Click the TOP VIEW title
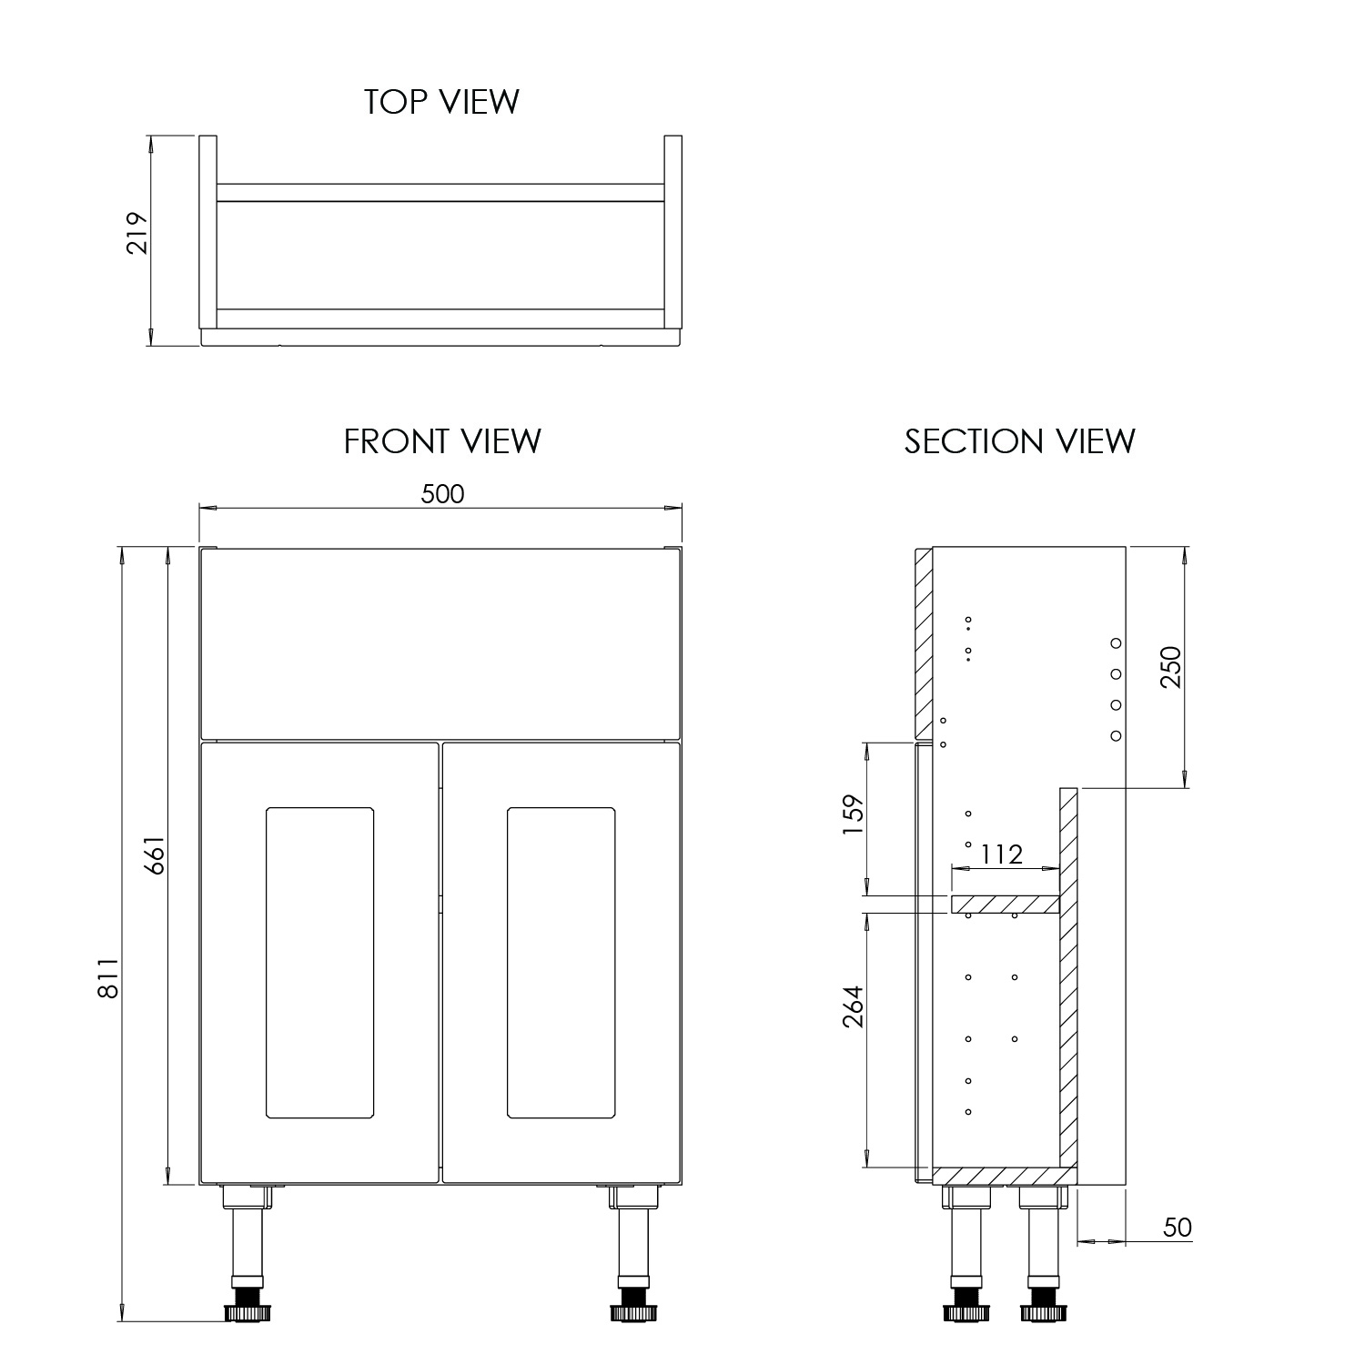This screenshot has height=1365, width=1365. [441, 101]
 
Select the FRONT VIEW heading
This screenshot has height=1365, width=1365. [442, 441]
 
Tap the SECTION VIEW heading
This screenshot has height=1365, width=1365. [1019, 441]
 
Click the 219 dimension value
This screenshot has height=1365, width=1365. [136, 233]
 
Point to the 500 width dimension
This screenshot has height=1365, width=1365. [442, 493]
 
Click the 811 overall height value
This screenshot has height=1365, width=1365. [108, 978]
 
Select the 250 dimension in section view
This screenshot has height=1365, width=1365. [1170, 666]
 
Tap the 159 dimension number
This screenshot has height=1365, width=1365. [854, 818]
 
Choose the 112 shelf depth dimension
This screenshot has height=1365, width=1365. [1001, 854]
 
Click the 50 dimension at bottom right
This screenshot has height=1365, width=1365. [1177, 1228]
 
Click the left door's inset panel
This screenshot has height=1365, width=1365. [319, 962]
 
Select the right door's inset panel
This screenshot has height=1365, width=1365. [561, 962]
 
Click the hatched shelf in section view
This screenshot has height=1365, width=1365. [1006, 904]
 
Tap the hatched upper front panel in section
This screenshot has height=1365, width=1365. [923, 642]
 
